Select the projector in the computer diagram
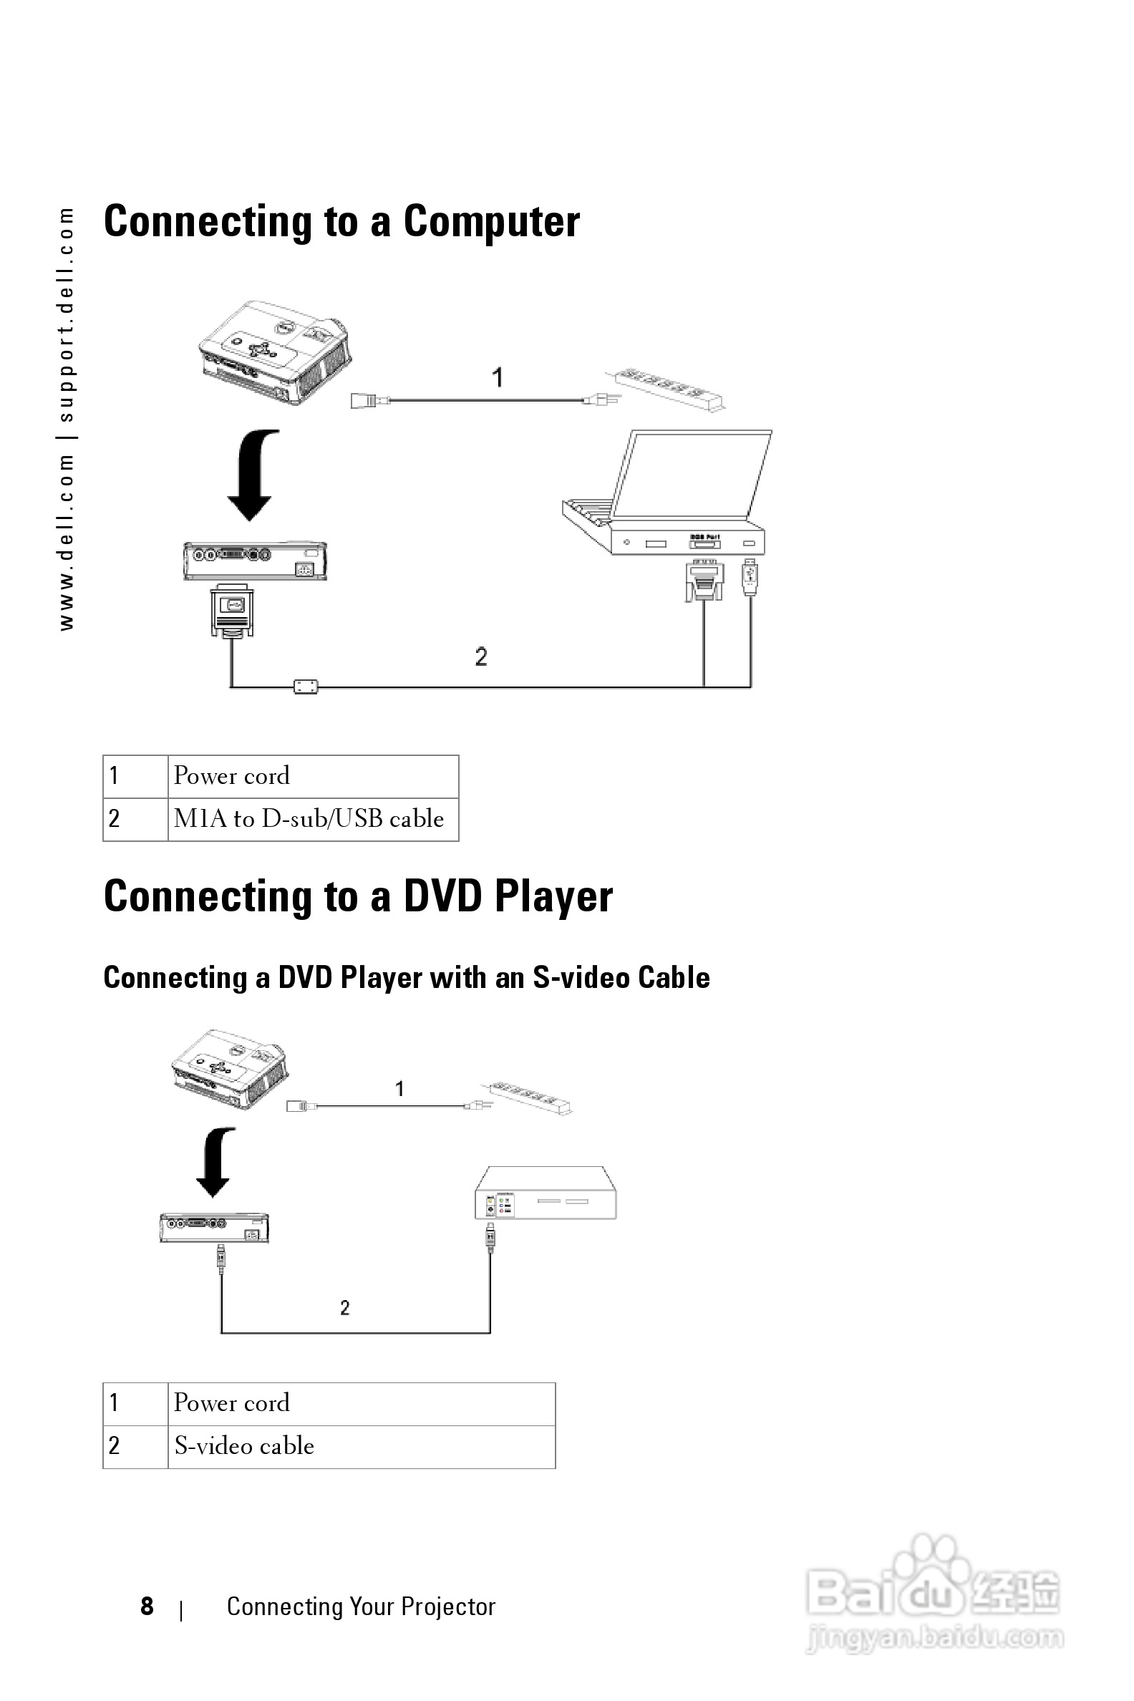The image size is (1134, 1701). tap(275, 352)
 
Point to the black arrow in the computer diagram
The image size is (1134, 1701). tap(253, 474)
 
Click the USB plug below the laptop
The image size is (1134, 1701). tap(750, 578)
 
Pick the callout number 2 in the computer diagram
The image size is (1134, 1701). tap(481, 656)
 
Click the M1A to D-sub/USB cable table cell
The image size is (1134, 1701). tap(309, 819)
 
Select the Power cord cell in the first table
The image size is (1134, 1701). tap(231, 776)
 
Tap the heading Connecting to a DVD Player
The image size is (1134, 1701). tap(358, 896)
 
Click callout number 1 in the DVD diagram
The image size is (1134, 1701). tap(400, 1088)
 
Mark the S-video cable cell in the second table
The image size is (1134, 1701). tap(244, 1445)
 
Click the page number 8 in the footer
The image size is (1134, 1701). tap(147, 1606)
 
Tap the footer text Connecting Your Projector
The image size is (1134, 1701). tap(361, 1606)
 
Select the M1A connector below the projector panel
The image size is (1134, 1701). tap(232, 611)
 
